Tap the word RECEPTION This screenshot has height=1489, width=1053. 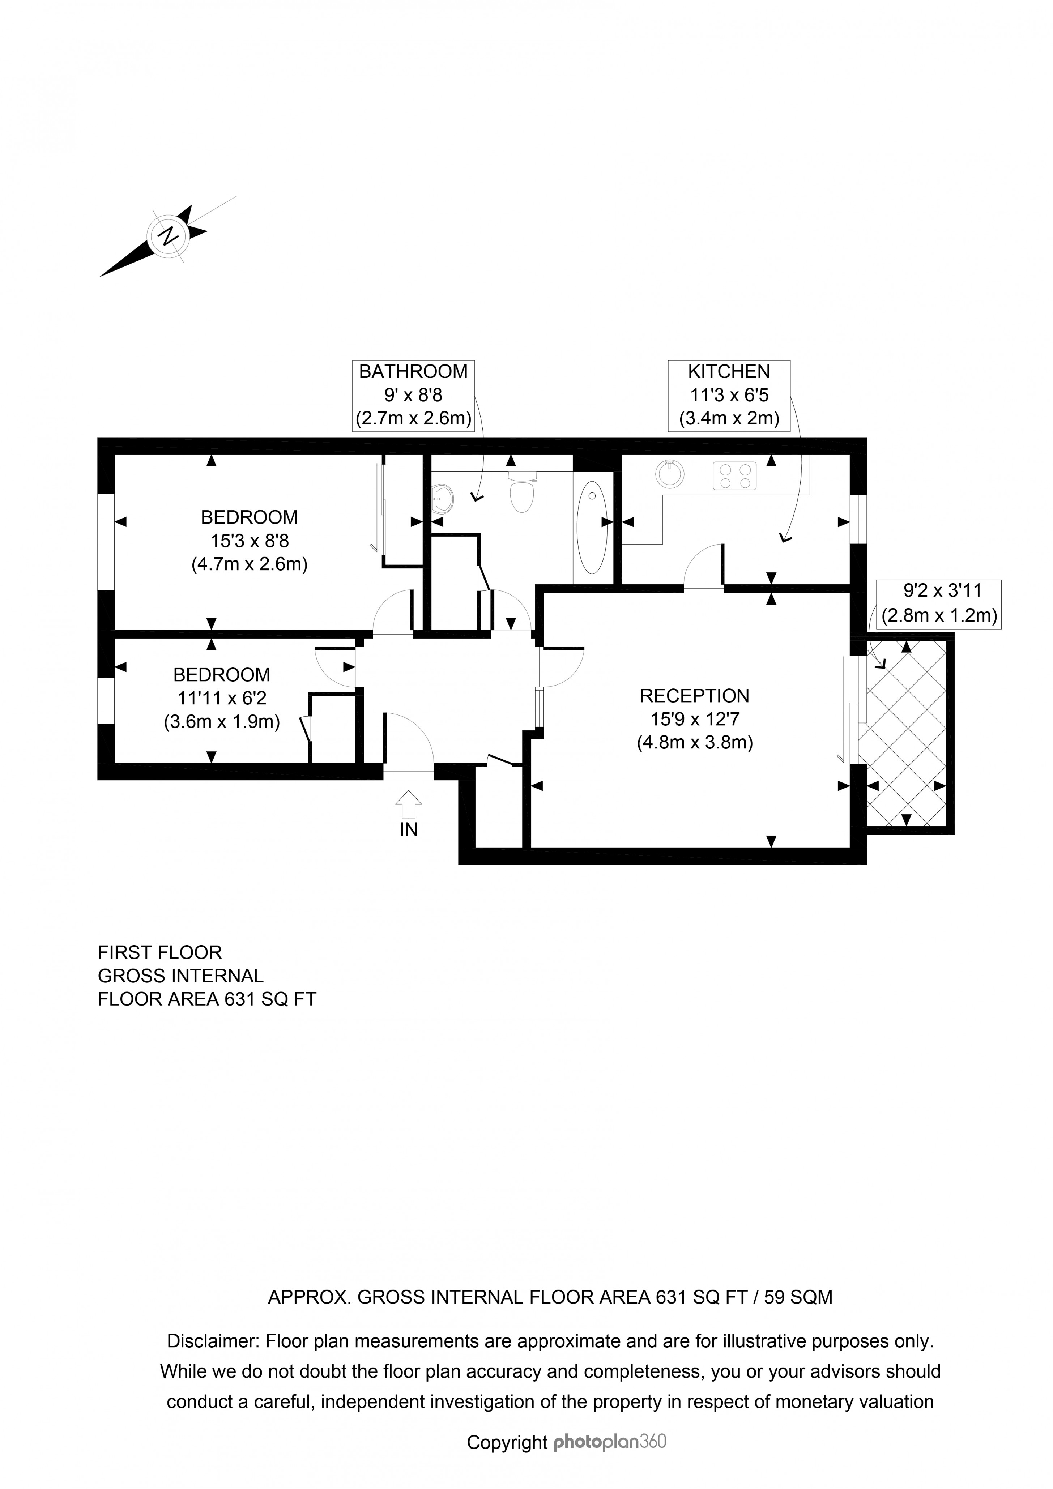[x=694, y=696]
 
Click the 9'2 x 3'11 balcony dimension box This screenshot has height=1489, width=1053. [x=938, y=603]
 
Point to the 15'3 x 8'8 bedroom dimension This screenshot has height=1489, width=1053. [x=250, y=540]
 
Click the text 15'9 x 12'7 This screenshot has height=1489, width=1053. [x=694, y=719]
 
